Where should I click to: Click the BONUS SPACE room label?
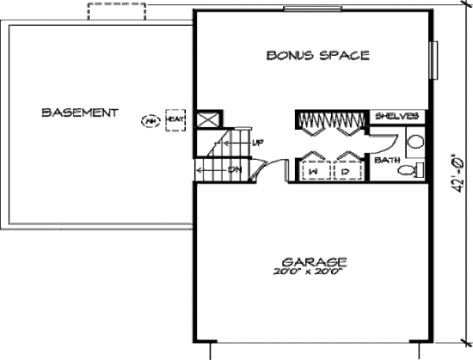coord(318,55)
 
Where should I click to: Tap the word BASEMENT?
coord(80,113)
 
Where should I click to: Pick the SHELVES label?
coord(397,117)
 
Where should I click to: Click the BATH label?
coord(387,160)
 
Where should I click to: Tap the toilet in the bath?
coord(410,170)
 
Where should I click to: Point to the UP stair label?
coord(257,143)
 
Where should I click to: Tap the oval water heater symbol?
coord(150,121)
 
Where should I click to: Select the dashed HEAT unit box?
coord(175,120)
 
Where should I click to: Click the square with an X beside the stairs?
coord(208,121)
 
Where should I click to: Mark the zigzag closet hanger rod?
coord(330,120)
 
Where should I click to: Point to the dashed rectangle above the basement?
coord(116,12)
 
